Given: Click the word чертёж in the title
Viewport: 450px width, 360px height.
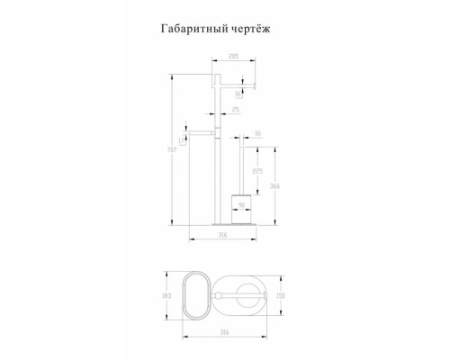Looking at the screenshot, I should click(247, 29).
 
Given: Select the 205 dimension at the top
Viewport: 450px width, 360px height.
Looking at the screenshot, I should click(233, 57).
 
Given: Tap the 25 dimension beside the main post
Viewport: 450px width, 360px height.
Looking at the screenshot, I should click(235, 110).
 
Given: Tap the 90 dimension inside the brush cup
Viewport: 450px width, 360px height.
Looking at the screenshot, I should click(240, 204).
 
